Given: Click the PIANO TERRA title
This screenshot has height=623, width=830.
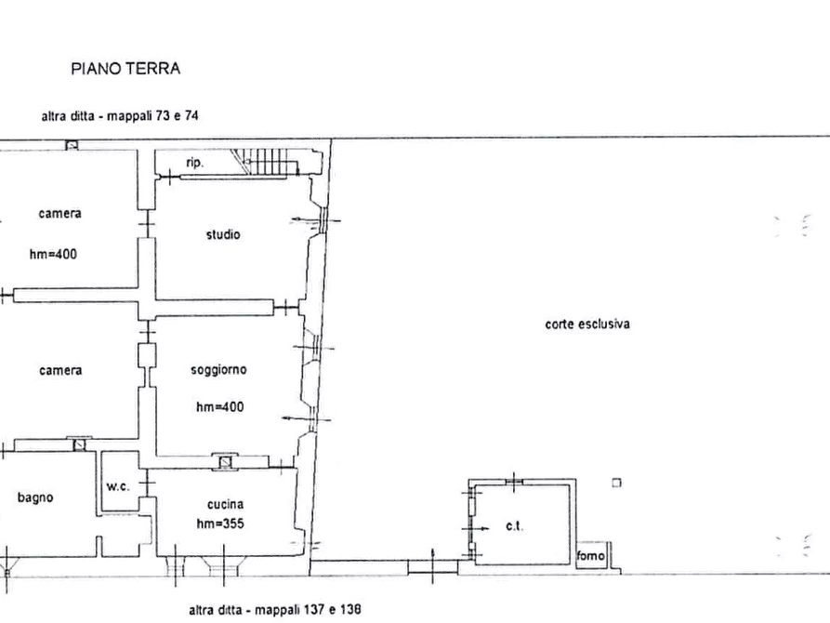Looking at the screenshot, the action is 125,69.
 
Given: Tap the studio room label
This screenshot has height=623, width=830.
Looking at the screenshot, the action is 223,234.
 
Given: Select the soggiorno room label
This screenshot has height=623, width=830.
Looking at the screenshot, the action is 218,369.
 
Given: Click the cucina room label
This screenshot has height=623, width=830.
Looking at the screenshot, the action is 225,504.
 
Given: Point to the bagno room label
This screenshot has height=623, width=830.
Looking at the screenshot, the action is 35,497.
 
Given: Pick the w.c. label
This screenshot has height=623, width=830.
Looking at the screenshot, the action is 117,485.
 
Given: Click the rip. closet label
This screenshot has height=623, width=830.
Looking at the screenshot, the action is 194,163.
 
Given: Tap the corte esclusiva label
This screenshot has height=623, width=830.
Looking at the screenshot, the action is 587,324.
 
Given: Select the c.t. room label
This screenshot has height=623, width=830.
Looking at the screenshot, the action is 515,526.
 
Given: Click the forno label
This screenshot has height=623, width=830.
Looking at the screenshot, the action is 591,555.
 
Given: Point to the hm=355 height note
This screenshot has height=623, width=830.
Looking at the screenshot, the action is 220,524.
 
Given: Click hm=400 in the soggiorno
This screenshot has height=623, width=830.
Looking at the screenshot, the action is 219,407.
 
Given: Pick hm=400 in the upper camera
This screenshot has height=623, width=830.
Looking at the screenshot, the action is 53,254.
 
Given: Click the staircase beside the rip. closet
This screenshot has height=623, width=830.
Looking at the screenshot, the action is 266,161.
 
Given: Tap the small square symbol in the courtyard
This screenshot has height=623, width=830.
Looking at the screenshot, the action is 616,483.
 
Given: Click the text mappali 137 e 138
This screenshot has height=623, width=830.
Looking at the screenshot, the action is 308,610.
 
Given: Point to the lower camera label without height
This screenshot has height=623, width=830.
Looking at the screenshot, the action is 60,370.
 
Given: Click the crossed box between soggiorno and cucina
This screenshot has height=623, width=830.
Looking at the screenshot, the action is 226,462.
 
